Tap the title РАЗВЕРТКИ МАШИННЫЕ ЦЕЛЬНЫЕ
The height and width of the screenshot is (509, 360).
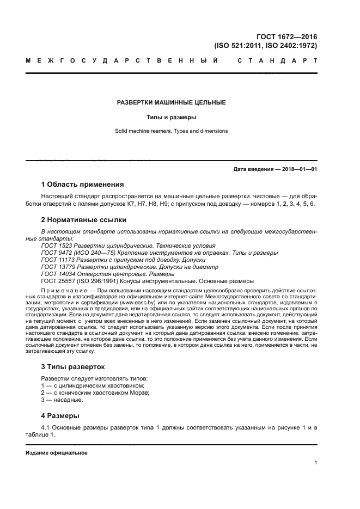pyautogui.click(x=172, y=102)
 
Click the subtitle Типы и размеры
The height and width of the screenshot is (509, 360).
pyautogui.click(x=172, y=117)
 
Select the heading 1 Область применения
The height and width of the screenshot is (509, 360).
pyautogui.click(x=82, y=184)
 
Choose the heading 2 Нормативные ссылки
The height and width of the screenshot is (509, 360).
pyautogui.click(x=84, y=220)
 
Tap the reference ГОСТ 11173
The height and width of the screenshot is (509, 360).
pyautogui.click(x=57, y=260)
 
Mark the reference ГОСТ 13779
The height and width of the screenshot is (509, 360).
pyautogui.click(x=57, y=267)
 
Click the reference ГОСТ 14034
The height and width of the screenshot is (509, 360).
pyautogui.click(x=57, y=274)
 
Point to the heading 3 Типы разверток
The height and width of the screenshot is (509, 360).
pyautogui.click(x=72, y=366)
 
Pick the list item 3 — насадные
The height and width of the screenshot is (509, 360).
pyautogui.click(x=62, y=400)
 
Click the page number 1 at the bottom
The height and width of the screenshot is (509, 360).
pyautogui.click(x=316, y=463)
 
